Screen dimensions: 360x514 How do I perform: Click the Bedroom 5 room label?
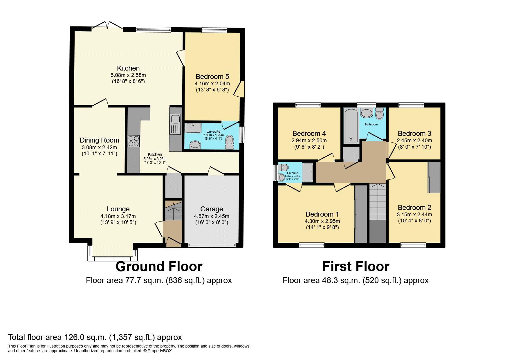pos(212,77)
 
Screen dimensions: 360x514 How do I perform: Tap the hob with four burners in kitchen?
pos(134,141)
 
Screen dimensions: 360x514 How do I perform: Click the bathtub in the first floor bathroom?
pos(351,126)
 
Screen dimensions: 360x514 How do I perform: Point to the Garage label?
pos(212,209)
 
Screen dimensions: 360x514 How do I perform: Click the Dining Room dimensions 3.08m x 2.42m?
pos(99,147)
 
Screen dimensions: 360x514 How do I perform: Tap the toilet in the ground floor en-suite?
pos(230,142)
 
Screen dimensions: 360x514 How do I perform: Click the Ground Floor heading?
pos(159,267)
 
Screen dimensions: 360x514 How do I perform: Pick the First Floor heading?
pos(356,267)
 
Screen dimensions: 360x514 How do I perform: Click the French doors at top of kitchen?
pos(108,26)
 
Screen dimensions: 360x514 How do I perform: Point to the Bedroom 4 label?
pos(309,134)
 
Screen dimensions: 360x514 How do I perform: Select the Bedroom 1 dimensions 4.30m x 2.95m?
pos(322,221)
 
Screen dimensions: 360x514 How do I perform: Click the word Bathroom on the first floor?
pos(371,125)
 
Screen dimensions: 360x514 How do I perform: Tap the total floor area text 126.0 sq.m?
pos(95,337)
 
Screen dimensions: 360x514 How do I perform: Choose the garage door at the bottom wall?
pos(212,246)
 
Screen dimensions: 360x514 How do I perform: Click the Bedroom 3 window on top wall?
pos(411,105)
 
